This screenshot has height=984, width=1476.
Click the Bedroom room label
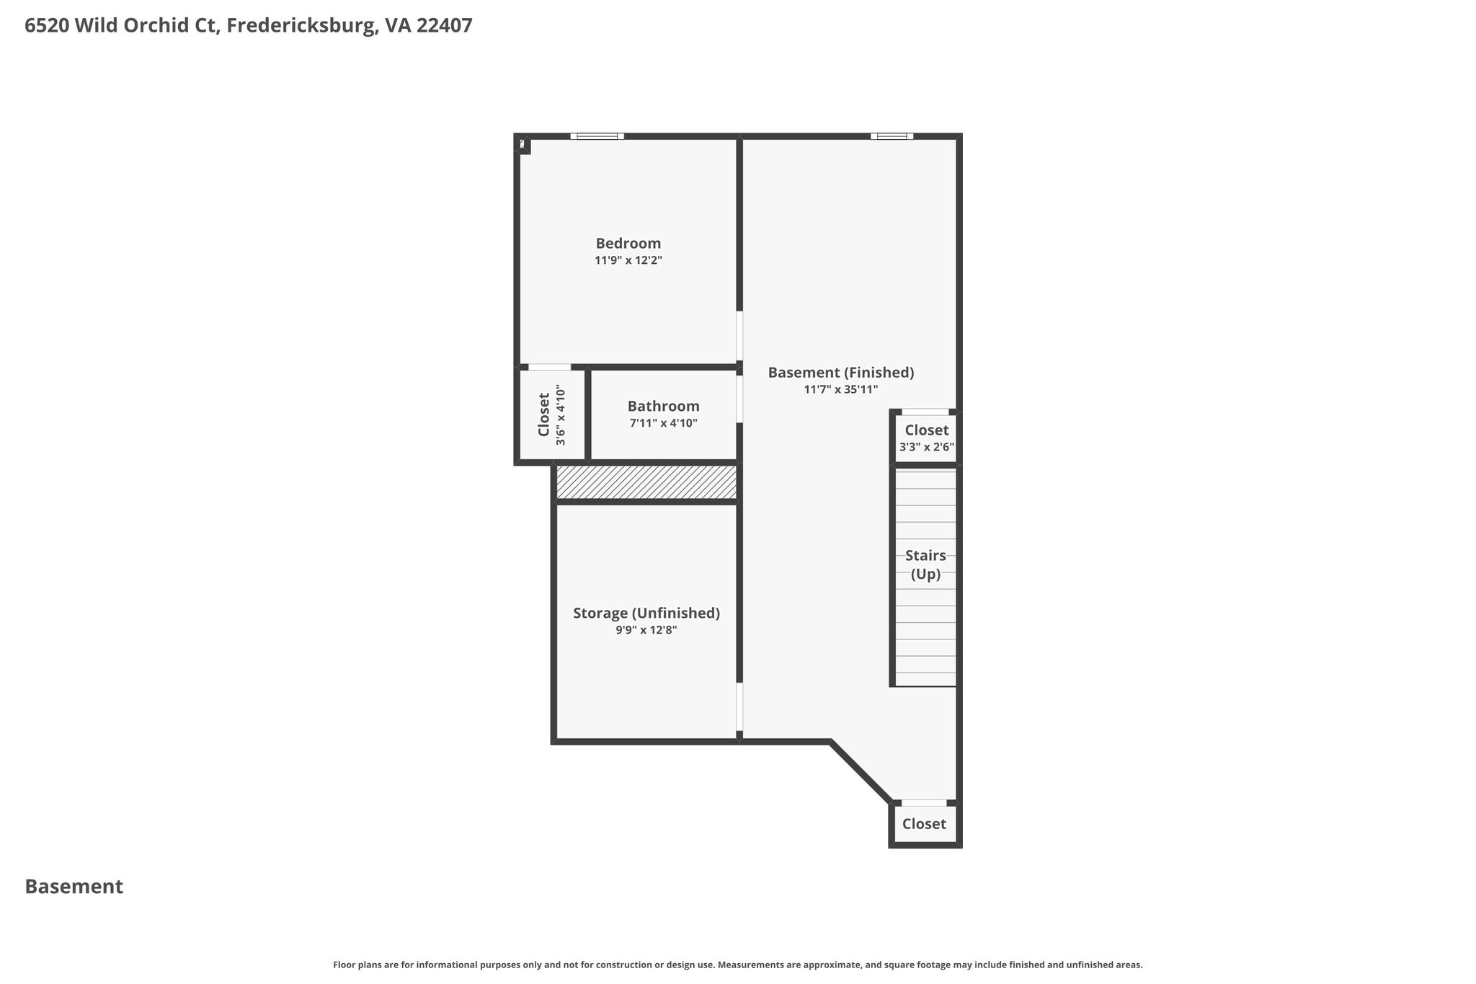tap(628, 244)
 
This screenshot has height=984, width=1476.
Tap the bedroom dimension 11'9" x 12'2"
tap(628, 260)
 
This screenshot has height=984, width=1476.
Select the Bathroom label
tap(663, 406)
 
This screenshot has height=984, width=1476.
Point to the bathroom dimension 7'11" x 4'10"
tap(663, 423)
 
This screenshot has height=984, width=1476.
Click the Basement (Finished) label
tap(841, 373)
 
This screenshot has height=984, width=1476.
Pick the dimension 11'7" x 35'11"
tap(841, 390)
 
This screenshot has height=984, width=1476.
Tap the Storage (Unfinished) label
tap(646, 613)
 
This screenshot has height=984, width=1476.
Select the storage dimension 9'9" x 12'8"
tap(646, 630)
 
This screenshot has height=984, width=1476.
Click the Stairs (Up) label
tap(925, 565)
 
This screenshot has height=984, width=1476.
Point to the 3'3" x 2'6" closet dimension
tap(927, 447)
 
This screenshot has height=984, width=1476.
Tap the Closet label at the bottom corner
tap(924, 824)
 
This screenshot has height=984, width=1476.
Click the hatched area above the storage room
tap(646, 482)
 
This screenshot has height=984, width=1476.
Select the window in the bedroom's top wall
tap(597, 136)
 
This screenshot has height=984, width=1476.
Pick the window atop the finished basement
tap(892, 136)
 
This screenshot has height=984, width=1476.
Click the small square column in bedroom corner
tap(523, 144)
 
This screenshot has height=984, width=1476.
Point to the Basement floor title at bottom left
tap(74, 887)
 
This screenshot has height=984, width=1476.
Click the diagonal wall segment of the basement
tap(861, 771)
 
